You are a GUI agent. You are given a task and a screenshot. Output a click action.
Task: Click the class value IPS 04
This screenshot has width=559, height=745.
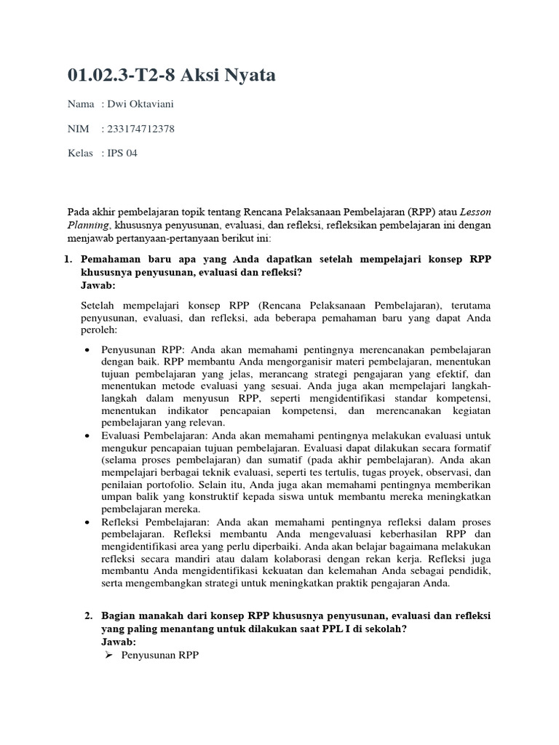(122, 154)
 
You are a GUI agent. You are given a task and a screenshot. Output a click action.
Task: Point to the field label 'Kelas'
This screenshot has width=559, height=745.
(80, 154)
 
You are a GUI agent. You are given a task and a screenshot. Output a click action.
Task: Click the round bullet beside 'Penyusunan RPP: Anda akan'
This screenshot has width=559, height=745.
(87, 349)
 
